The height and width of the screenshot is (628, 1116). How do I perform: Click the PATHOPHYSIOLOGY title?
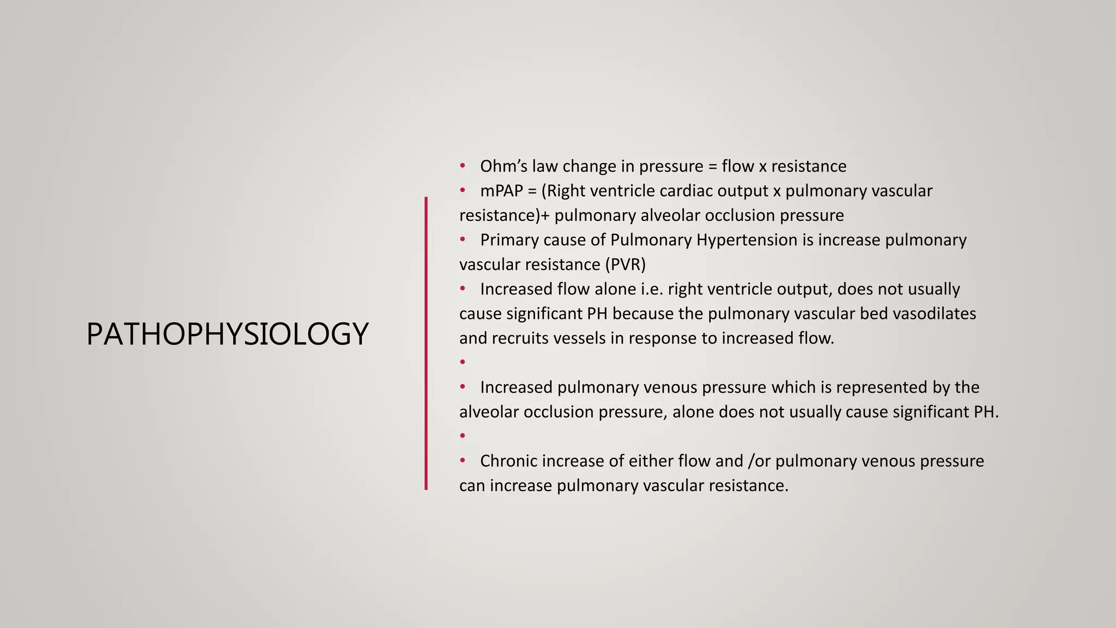coord(227,334)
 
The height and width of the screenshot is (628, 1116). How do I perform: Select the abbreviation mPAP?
coord(501,191)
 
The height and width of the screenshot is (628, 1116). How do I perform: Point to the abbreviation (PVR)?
coord(625,264)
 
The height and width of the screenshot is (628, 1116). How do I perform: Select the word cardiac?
coord(686,191)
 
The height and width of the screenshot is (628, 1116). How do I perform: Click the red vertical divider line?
coord(426,343)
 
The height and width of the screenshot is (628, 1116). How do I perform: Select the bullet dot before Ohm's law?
coord(463,165)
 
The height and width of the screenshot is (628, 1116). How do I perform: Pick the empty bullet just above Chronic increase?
coord(463,436)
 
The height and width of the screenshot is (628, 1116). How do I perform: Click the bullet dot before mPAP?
coord(463,190)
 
